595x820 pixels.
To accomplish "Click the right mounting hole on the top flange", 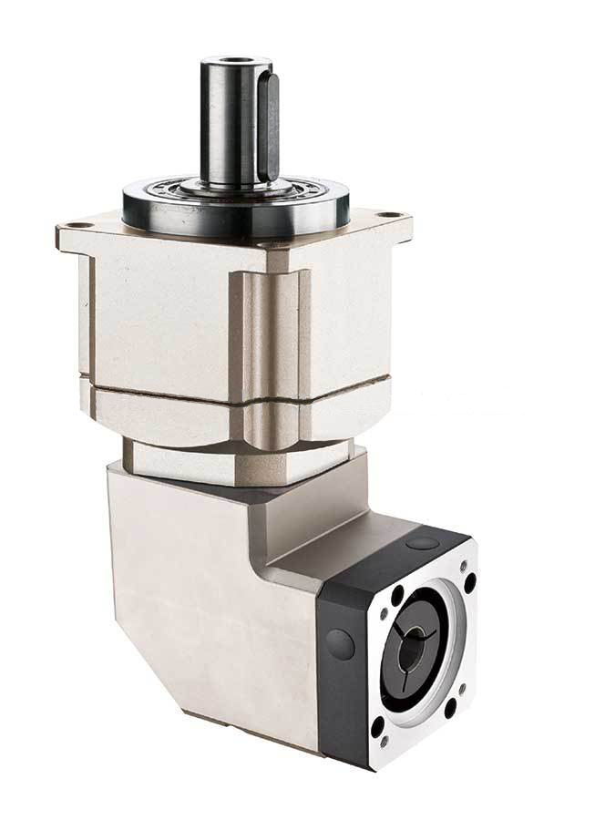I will coord(392,215).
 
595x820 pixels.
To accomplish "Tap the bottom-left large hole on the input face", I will coord(375,726).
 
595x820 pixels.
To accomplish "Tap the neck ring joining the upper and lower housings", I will coord(237,456).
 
